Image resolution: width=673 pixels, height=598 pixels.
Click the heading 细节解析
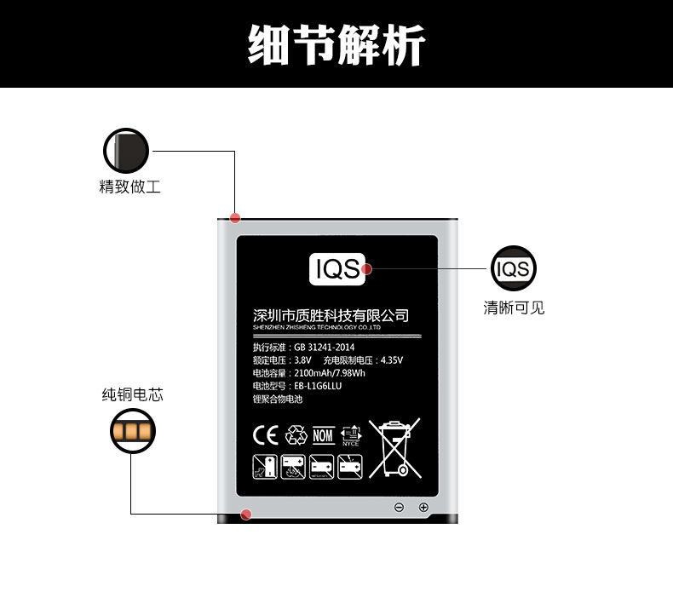336,43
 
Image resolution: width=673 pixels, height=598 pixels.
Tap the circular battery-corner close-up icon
126,152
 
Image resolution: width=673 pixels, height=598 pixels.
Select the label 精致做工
129,187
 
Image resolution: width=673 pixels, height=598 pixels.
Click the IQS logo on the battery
337,268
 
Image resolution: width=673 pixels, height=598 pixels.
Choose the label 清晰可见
514,308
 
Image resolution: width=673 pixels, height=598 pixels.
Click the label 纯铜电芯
132,394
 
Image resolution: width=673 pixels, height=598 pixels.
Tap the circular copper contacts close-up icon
132,430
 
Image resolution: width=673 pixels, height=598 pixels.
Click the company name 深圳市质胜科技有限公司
331,315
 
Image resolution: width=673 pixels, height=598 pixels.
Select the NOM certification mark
324,435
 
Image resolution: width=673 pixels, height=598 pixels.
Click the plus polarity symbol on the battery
423,508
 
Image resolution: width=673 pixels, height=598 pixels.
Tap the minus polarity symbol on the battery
399,508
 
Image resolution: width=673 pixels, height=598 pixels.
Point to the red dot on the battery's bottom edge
246,514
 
